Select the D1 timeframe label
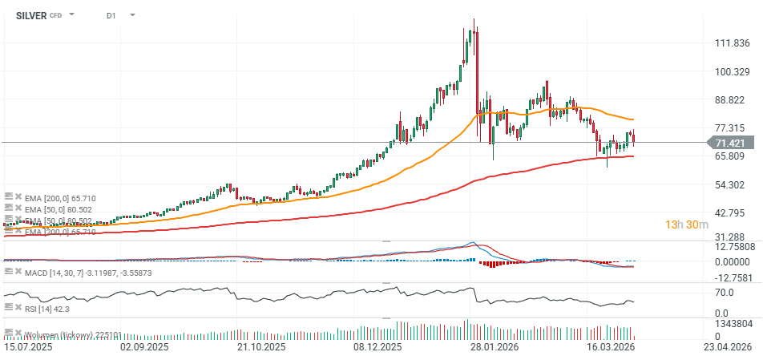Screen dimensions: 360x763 [111, 15]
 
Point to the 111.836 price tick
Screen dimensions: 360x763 [731, 43]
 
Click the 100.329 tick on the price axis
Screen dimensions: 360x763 [731, 72]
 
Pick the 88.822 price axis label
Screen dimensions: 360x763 [731, 100]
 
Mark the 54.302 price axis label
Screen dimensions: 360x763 [731, 185]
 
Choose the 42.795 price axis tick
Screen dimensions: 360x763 [731, 213]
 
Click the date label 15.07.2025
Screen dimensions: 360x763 [29, 348]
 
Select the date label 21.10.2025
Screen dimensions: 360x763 [261, 348]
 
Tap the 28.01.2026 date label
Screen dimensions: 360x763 [494, 348]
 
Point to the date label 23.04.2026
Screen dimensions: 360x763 [726, 348]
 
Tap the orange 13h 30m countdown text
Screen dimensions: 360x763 [687, 225]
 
